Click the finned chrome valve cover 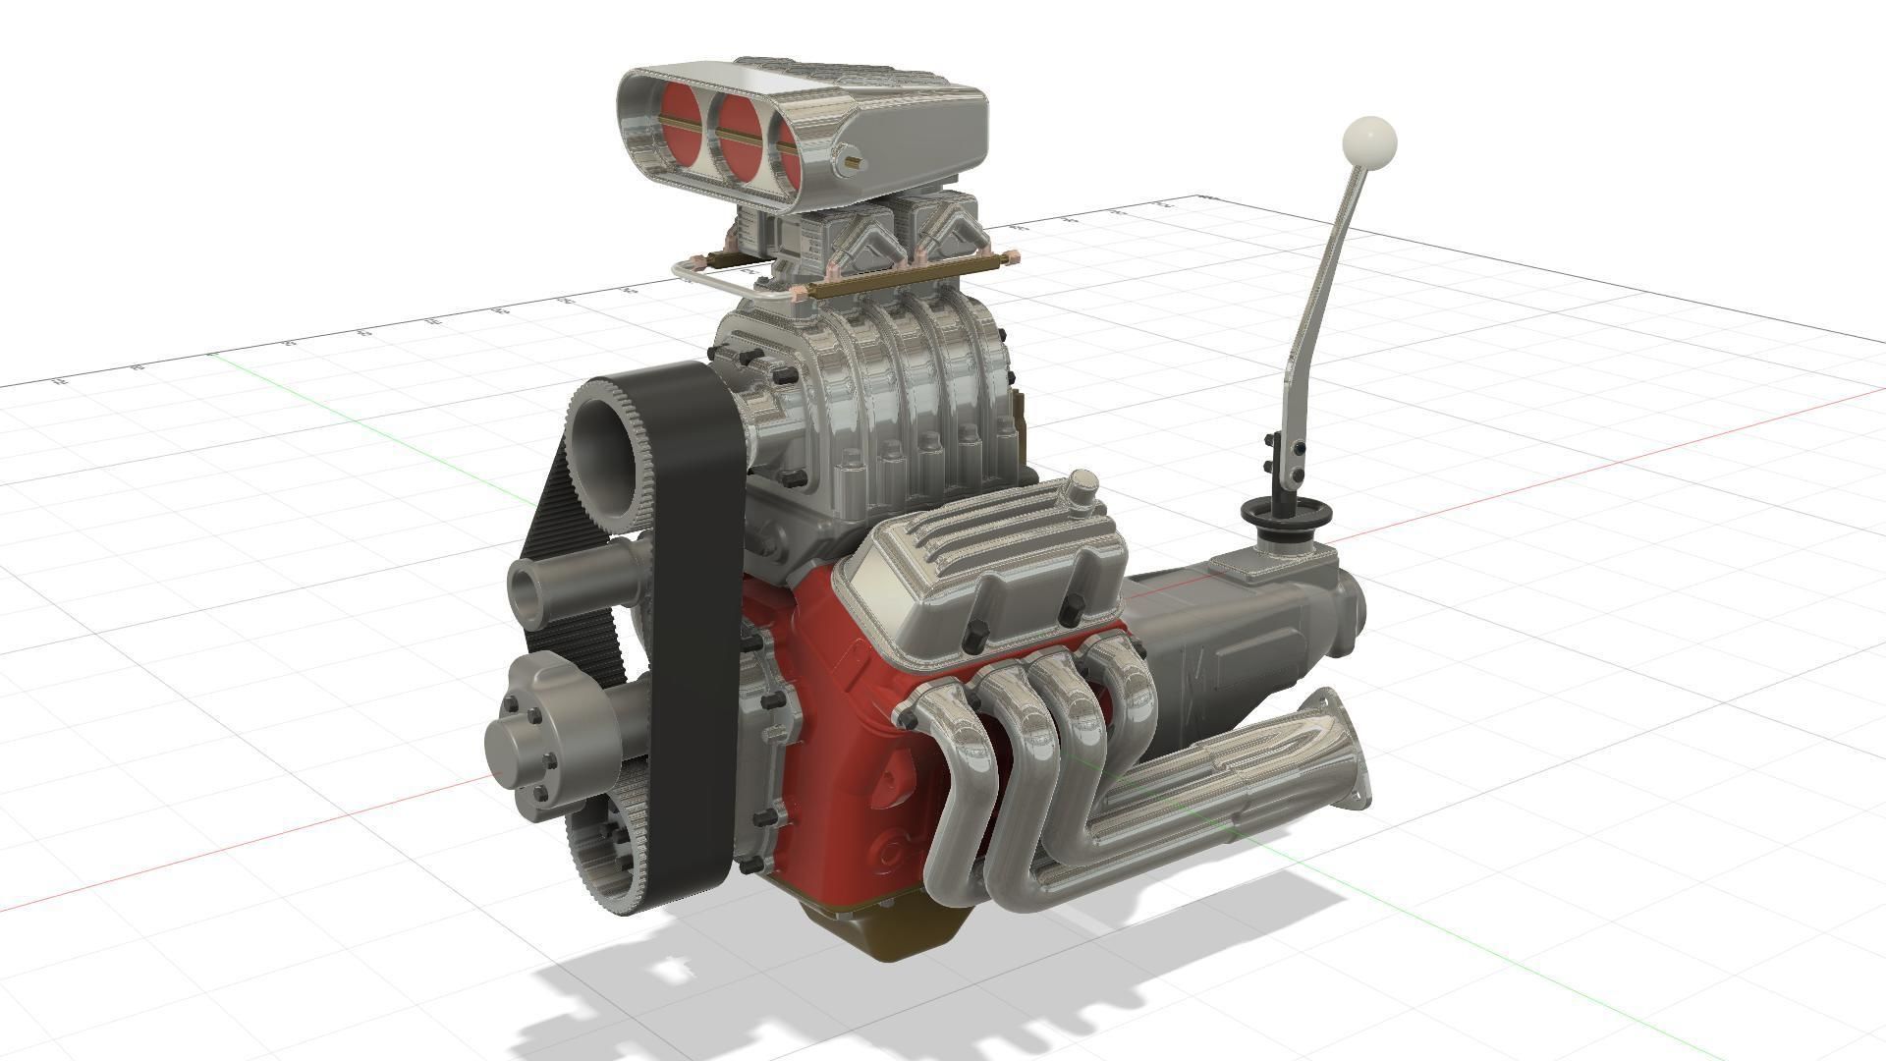[x=992, y=570]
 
